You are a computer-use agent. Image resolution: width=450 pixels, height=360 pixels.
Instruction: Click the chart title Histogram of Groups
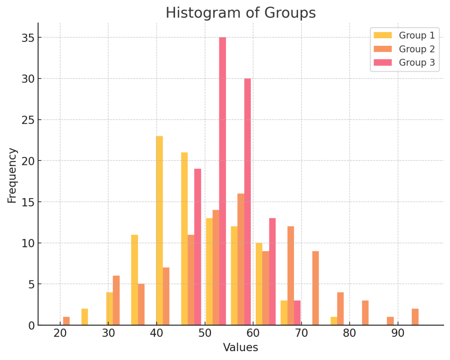coord(240,13)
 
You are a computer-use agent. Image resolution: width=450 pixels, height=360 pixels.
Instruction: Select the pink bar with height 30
coord(247,202)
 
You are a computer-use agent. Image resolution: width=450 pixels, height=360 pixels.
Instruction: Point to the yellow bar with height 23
coord(160,230)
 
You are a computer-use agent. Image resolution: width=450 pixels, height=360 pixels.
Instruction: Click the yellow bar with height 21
coord(185,239)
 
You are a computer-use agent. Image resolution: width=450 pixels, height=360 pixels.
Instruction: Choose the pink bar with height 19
coord(198,247)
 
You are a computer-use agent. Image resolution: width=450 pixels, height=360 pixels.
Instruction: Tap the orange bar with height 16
coord(241,259)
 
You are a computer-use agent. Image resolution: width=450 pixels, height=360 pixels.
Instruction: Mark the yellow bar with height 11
coord(134,280)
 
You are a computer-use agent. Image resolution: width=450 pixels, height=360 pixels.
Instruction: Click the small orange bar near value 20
coord(66,321)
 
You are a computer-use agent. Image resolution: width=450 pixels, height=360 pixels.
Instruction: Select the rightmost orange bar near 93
coord(415,317)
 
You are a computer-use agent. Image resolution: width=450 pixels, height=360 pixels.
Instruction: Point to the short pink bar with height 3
coord(297,313)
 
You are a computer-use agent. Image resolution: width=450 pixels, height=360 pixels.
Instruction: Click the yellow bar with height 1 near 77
coord(334,321)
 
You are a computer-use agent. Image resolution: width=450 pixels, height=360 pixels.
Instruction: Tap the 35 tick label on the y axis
coord(27,38)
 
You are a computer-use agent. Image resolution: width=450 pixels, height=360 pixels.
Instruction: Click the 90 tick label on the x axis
coord(398,333)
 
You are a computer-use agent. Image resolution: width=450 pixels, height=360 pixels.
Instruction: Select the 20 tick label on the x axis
coord(60,333)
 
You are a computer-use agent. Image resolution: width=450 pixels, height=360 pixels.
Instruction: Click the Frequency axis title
coord(12,175)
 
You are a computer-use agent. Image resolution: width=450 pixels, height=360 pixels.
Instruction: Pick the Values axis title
coord(240,348)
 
